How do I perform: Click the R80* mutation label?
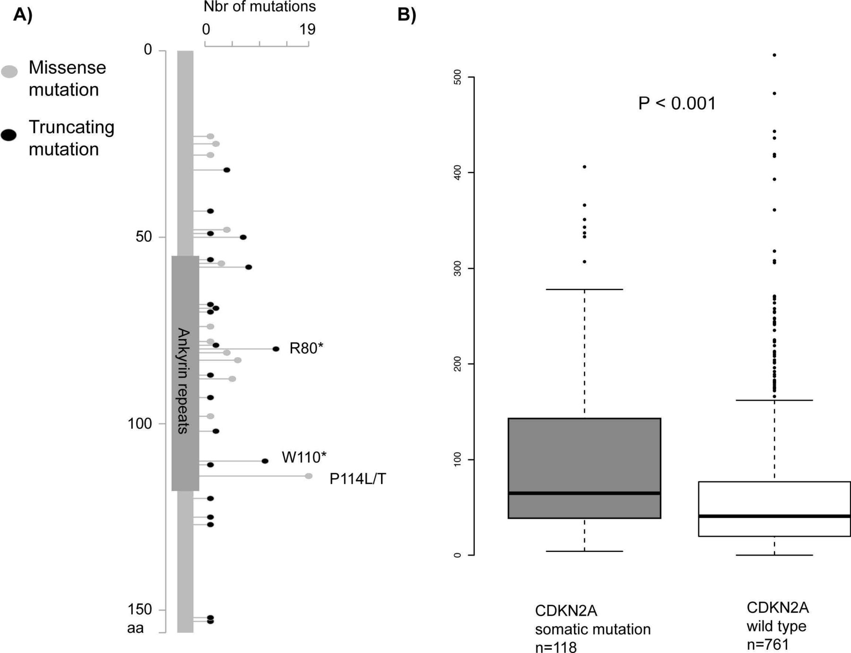pos(306,348)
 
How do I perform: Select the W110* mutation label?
pos(304,457)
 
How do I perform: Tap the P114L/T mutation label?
pos(358,479)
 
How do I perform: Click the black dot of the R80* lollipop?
pos(276,349)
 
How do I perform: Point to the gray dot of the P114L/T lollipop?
pos(309,476)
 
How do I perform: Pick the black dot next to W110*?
pos(265,461)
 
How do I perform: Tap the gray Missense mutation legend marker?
pos(9,71)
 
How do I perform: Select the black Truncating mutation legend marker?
pos(9,135)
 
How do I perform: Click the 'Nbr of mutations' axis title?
pos(260,7)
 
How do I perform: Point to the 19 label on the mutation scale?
pos(307,29)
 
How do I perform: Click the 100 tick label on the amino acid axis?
pos(139,424)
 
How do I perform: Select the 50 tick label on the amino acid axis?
pos(144,236)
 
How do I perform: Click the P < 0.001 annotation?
pos(677,103)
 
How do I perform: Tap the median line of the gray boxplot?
pos(584,493)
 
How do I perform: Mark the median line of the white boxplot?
pos(774,516)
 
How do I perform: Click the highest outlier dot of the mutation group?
pos(584,167)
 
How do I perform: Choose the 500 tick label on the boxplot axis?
pos(457,78)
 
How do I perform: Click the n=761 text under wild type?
pos(768,644)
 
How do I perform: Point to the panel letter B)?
pos(407,15)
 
